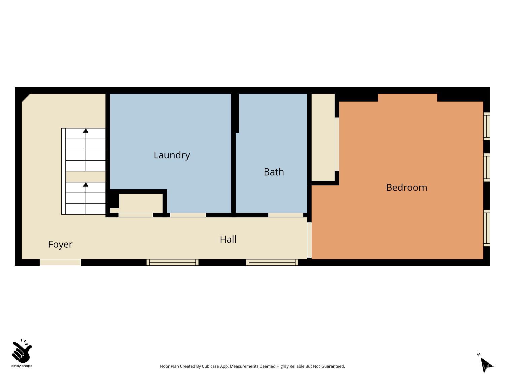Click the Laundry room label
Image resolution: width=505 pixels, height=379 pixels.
tap(172, 155)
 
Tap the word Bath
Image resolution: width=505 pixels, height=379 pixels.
tap(274, 172)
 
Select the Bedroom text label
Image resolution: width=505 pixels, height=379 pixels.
tap(406, 188)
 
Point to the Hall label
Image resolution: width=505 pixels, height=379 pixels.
tap(228, 239)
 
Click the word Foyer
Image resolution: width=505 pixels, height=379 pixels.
tap(60, 244)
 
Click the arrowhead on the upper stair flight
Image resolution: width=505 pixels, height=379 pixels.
tap(86, 130)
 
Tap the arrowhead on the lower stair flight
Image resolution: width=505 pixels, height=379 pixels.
tap(86, 184)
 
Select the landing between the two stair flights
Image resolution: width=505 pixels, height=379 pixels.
tap(86, 177)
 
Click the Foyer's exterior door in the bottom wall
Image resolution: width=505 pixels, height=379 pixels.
tap(60, 262)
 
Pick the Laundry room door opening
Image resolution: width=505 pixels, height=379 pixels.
tap(188, 215)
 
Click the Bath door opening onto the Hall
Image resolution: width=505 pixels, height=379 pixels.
tap(286, 215)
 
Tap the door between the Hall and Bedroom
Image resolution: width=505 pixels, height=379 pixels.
tap(309, 240)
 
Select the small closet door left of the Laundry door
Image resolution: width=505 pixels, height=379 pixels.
tap(136, 215)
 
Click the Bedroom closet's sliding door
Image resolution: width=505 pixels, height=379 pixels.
tap(337, 144)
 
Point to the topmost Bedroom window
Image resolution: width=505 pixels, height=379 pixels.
tap(486, 126)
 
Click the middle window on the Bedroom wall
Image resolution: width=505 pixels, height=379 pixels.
tap(486, 167)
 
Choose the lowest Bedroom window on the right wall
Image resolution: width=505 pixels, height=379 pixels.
tap(486, 228)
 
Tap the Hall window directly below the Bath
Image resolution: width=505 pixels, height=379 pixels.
tap(272, 262)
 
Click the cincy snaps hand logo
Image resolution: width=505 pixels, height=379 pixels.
tap(22, 351)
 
